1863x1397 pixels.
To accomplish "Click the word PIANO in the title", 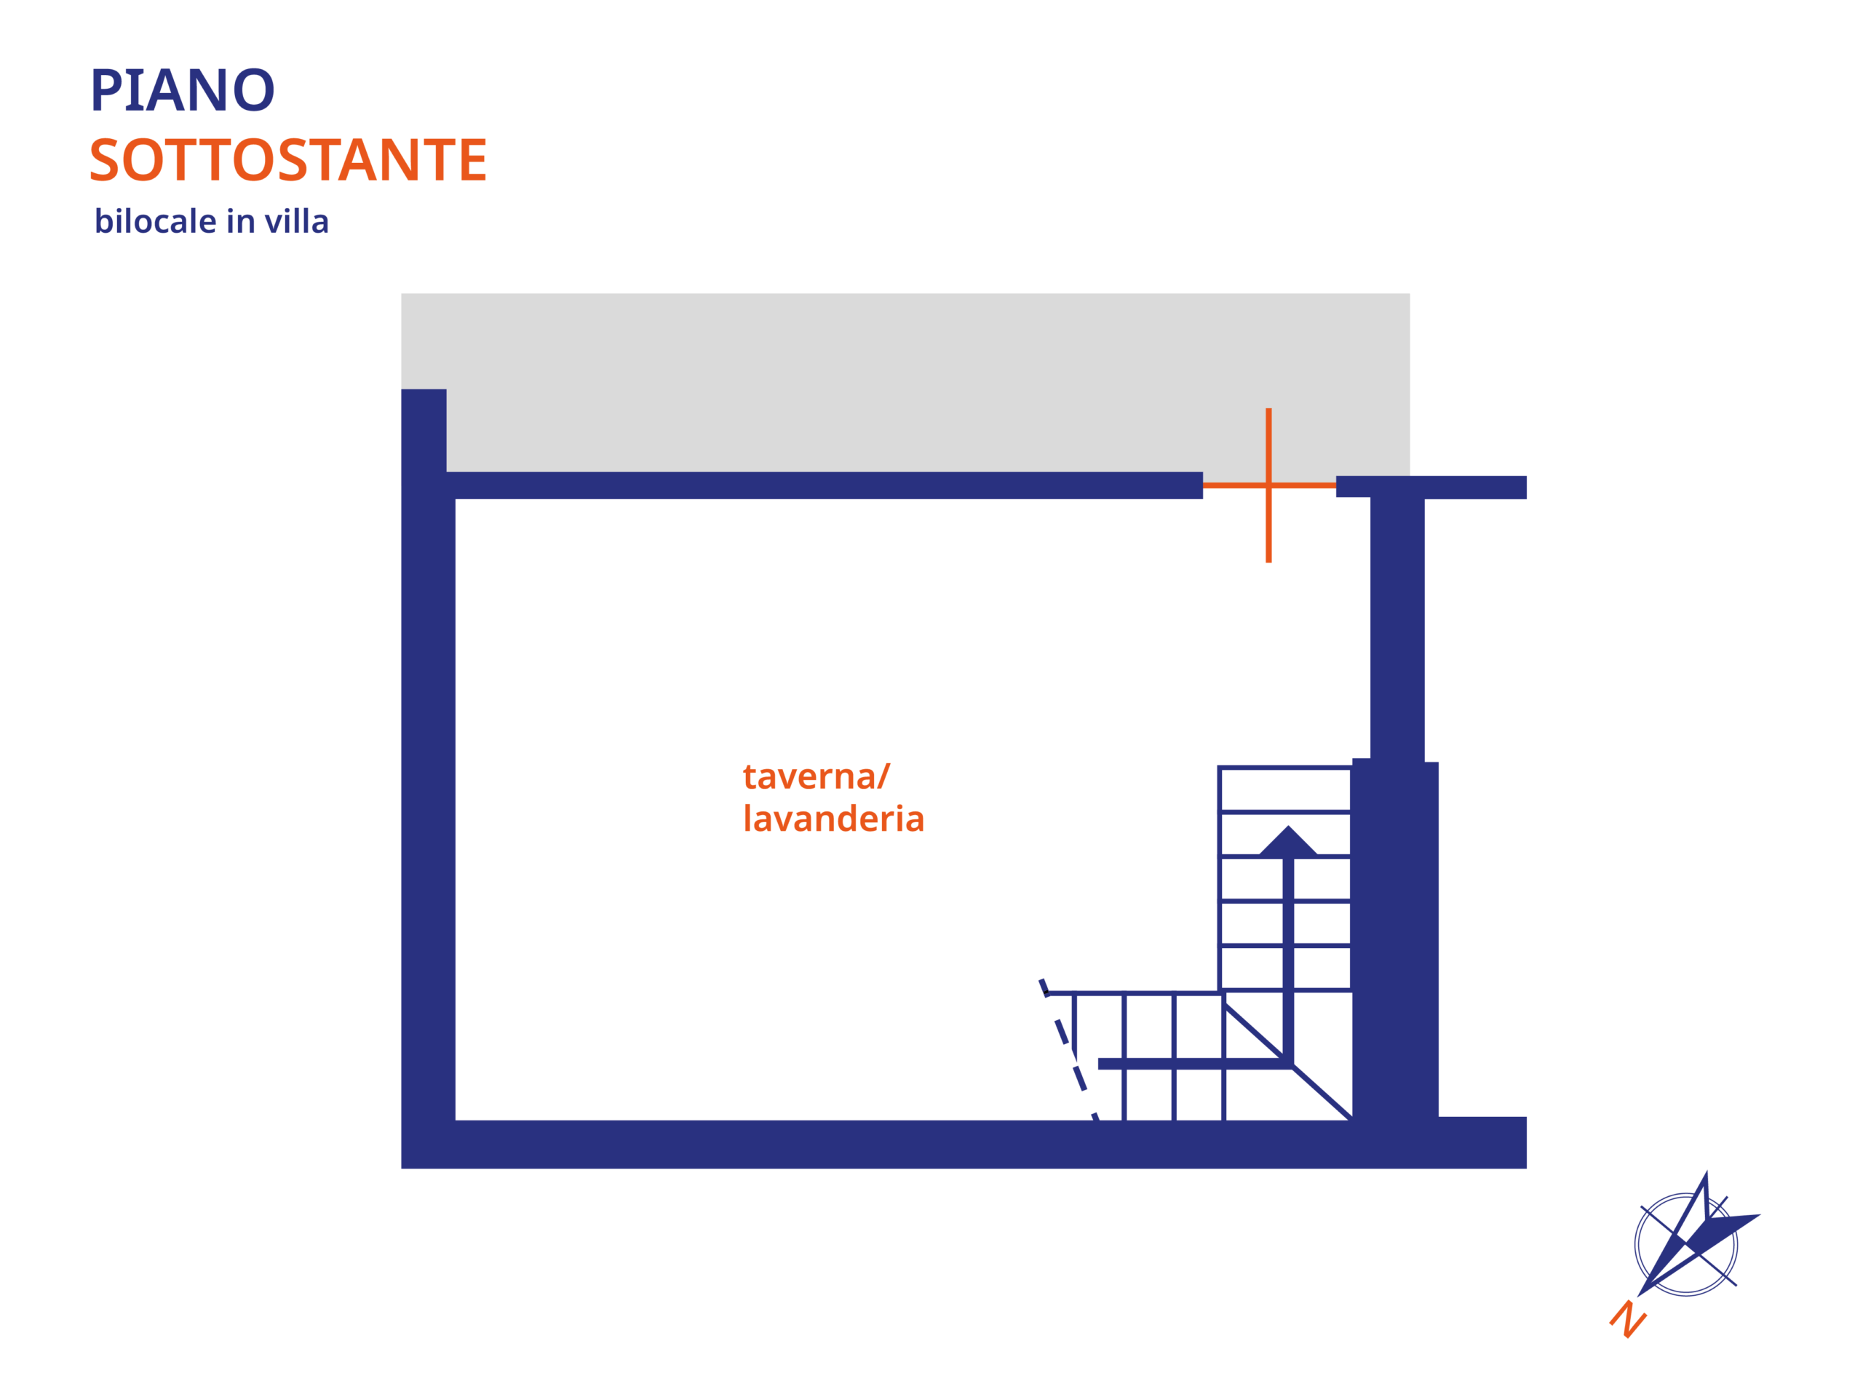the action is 182,89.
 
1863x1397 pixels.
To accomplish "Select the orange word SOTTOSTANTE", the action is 288,160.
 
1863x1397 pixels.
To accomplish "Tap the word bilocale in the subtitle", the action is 156,221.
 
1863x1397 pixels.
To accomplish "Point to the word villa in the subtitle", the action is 296,221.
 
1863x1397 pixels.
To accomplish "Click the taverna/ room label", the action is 816,776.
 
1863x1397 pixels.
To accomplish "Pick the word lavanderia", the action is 834,818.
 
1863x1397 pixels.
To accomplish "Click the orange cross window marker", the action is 1268,485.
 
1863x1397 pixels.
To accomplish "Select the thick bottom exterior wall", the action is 964,1145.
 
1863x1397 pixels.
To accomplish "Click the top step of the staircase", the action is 1285,789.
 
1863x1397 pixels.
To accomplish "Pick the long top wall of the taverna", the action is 825,485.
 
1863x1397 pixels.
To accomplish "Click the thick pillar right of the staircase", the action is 1395,939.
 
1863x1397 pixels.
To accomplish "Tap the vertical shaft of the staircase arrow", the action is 1288,960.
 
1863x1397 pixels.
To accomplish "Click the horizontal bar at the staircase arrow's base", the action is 1196,1064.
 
